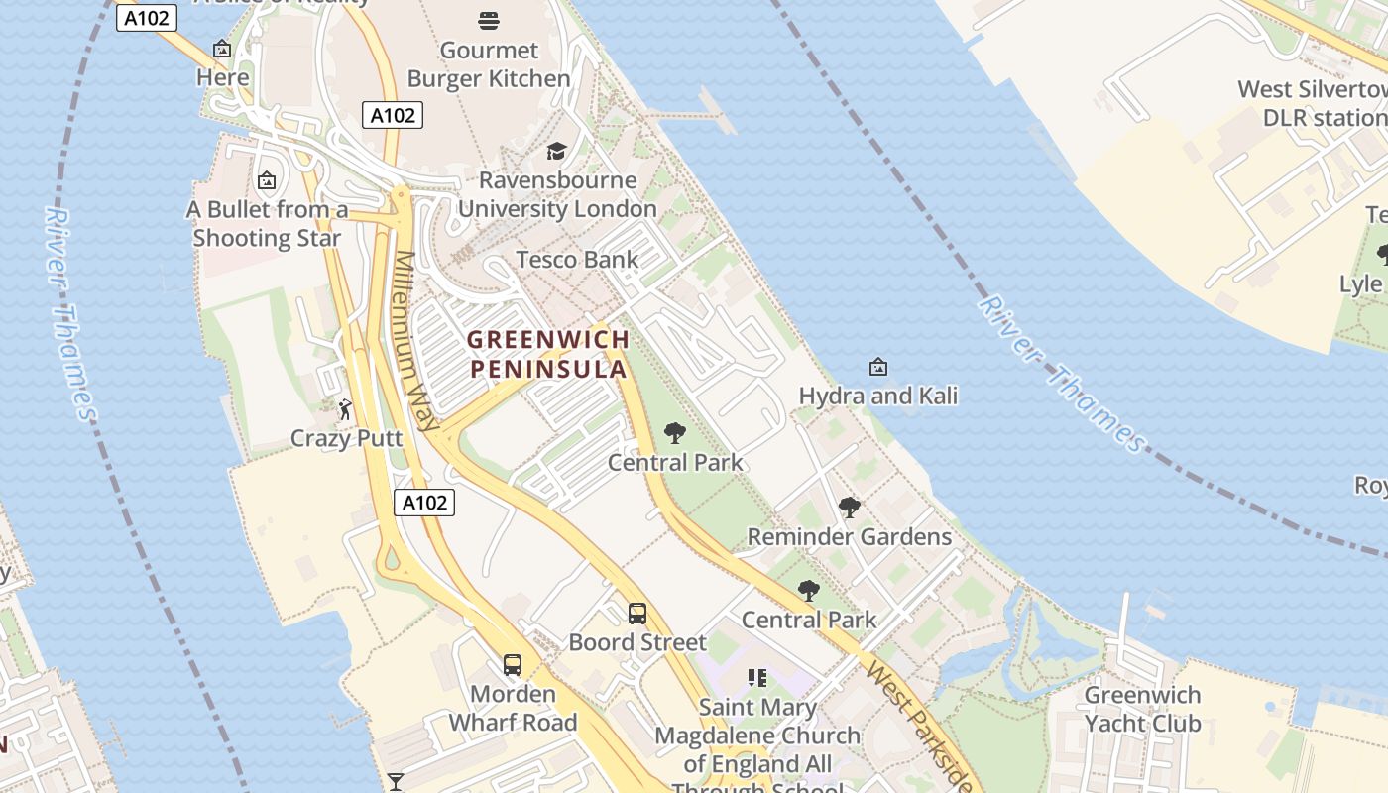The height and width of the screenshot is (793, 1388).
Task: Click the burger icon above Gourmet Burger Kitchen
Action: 488,20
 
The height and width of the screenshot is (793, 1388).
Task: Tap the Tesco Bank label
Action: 577,260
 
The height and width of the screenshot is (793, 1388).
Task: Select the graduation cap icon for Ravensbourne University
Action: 556,151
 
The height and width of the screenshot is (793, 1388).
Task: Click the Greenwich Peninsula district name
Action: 548,354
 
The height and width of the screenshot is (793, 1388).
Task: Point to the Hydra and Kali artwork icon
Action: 877,368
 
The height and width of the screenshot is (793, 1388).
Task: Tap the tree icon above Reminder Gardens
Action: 849,508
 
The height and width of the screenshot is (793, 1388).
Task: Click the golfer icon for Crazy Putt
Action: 345,408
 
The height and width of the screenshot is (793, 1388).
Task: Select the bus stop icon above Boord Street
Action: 637,614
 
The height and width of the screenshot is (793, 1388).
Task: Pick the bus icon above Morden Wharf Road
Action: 513,665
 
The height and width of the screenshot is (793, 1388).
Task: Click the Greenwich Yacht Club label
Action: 1142,709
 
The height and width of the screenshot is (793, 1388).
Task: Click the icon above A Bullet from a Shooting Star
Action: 266,180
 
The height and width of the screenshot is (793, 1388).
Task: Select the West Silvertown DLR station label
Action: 1312,103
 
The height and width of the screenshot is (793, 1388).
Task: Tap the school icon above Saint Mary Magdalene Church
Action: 757,678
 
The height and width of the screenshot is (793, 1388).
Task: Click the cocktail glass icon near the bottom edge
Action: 396,782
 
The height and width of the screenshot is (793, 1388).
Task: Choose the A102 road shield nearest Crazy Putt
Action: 424,503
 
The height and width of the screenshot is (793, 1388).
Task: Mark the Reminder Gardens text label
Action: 849,537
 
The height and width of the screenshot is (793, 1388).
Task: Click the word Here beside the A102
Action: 222,77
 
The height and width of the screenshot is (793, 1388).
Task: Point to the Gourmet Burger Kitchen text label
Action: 489,64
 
